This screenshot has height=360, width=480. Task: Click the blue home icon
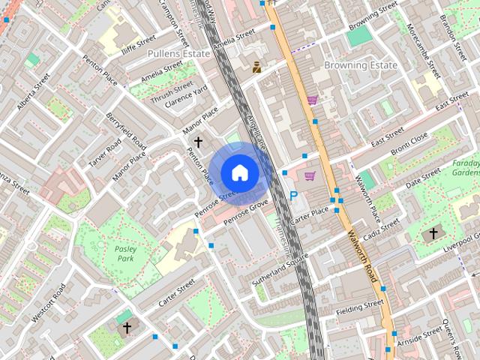[238, 173]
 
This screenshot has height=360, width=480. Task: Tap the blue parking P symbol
[294, 196]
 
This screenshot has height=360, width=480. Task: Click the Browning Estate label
[360, 65]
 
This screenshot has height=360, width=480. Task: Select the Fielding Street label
[360, 307]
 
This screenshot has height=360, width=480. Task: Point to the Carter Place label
[310, 216]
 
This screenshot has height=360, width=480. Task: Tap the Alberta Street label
[33, 91]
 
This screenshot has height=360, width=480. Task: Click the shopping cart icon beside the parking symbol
[310, 176]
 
